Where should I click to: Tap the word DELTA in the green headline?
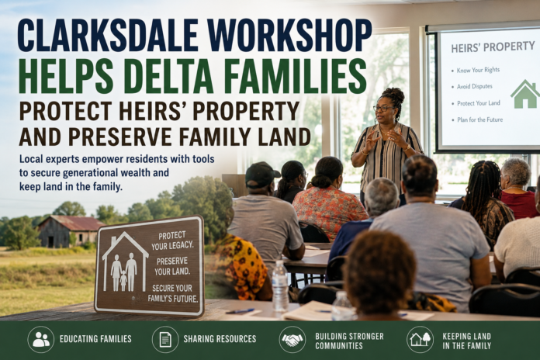(172, 76)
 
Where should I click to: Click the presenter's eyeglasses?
(383, 109)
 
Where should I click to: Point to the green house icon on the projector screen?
(524, 94)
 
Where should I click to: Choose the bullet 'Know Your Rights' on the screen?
(478, 70)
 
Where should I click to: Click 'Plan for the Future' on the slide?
(479, 119)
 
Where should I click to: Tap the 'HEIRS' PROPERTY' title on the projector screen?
(493, 47)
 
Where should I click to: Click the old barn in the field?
(70, 230)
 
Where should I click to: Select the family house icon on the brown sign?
(126, 261)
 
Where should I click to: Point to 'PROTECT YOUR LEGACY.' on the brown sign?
(172, 241)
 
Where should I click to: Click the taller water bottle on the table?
(280, 286)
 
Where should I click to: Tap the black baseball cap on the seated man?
(261, 175)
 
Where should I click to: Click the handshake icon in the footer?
(292, 340)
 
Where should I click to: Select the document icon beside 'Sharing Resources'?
(165, 340)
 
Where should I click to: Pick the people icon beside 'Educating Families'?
(41, 340)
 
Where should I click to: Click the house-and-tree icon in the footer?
(420, 340)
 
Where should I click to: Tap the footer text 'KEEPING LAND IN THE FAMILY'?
(466, 341)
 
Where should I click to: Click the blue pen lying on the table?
(241, 311)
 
